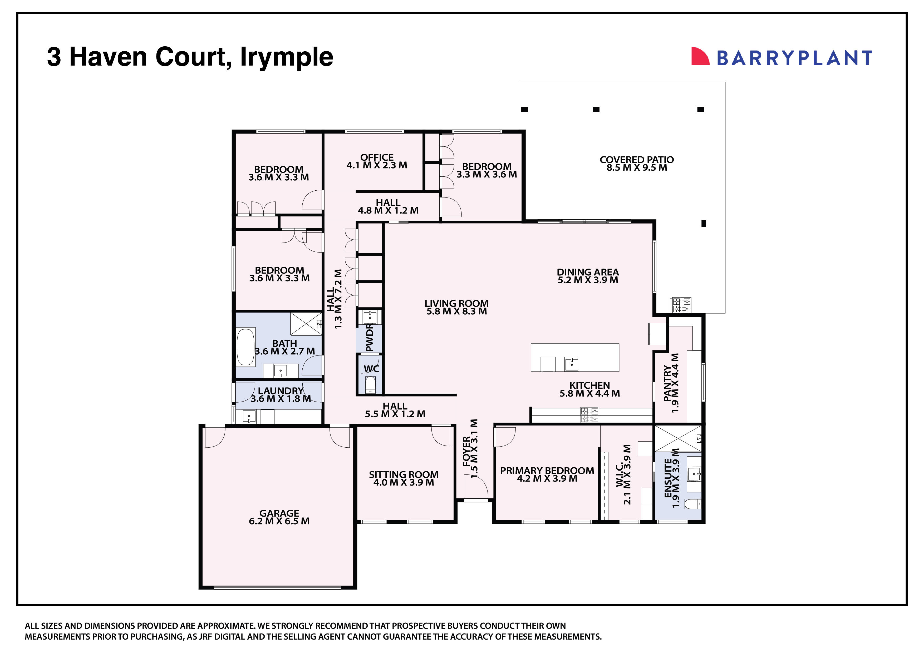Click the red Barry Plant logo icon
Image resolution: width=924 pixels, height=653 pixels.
700,56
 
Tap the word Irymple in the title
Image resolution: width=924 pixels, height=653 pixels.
287,57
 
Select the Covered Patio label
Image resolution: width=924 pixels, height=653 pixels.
636,160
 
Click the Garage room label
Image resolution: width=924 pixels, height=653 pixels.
279,513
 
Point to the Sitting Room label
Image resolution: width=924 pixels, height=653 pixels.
404,475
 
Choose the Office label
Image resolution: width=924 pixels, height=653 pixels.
377,157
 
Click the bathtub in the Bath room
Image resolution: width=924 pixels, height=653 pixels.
245,348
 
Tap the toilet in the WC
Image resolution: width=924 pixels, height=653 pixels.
370,385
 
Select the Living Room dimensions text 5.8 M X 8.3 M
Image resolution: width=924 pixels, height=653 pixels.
456,311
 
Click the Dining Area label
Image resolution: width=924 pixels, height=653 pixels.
588,272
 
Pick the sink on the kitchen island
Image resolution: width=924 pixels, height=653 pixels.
572,364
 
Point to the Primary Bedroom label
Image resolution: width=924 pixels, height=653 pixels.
547,471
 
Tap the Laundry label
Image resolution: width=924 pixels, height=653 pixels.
281,391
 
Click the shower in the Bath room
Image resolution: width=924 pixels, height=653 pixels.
306,324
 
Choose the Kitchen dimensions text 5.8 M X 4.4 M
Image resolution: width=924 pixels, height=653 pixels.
589,393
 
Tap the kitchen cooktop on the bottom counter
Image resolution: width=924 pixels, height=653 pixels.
589,415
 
